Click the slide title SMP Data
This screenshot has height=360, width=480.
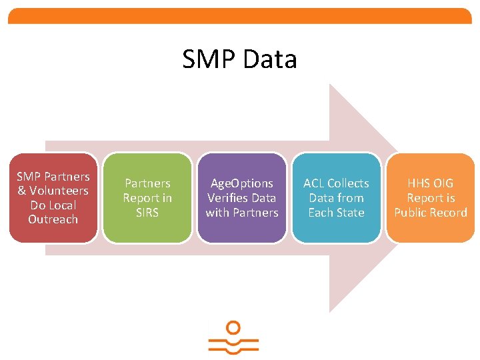click(x=239, y=59)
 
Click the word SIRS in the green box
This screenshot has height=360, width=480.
click(x=147, y=212)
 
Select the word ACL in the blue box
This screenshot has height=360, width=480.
click(x=314, y=183)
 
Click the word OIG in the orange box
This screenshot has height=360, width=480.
click(x=443, y=183)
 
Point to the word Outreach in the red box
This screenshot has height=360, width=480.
click(x=53, y=219)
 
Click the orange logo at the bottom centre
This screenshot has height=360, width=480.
click(x=233, y=339)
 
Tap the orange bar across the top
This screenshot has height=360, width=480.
click(x=240, y=16)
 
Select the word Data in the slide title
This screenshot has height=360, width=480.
click(x=270, y=59)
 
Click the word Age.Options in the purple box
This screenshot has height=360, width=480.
click(x=242, y=183)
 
